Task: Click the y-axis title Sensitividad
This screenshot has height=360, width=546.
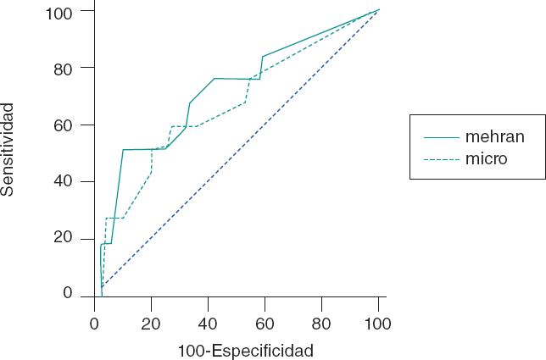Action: (8, 149)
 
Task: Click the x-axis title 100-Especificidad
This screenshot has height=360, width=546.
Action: (246, 350)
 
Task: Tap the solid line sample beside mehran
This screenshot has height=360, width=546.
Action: (439, 136)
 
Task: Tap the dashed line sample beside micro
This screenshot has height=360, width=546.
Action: (439, 158)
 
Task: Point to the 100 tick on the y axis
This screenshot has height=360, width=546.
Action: (65, 11)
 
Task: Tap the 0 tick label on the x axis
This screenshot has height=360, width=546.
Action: (95, 322)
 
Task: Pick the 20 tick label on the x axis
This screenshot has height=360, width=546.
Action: (152, 322)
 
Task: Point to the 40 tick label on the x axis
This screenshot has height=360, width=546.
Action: (209, 322)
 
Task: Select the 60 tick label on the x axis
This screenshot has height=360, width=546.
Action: (265, 322)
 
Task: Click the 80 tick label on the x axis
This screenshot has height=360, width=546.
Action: (322, 322)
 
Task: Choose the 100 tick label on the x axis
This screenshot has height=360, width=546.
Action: (378, 322)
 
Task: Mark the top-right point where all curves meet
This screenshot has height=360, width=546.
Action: (378, 10)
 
